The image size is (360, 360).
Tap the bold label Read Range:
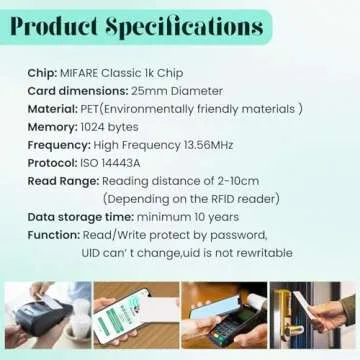(x=64, y=180)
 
